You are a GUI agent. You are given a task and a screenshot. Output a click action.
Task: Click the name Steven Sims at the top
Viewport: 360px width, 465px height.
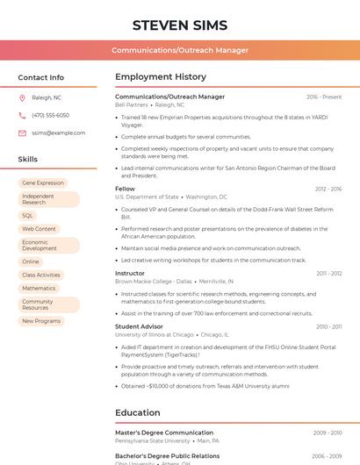coord(180,25)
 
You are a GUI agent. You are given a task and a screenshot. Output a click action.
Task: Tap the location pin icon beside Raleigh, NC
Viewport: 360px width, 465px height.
coord(22,97)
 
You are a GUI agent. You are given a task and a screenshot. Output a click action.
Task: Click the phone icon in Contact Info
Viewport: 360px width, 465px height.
coord(22,115)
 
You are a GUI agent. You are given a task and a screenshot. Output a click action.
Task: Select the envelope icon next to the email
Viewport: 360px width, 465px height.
coord(22,132)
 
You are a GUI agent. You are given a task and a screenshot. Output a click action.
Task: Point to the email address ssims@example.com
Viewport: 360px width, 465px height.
coord(59,132)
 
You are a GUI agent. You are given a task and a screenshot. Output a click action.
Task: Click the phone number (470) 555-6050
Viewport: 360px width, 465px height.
coord(50,115)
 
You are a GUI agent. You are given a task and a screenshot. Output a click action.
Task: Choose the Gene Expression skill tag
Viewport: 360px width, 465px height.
coord(43,182)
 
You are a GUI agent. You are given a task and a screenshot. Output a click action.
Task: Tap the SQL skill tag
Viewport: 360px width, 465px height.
coord(28,215)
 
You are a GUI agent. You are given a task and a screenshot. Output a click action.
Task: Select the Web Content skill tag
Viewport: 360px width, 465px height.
coord(39,229)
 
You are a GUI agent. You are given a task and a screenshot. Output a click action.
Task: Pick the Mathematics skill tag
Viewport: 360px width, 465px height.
coord(39,288)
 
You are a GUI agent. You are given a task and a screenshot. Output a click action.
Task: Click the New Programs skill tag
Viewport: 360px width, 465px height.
coord(41,321)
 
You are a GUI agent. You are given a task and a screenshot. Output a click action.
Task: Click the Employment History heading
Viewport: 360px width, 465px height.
coord(161,77)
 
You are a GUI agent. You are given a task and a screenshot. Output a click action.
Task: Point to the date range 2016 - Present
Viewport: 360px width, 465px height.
coord(324,97)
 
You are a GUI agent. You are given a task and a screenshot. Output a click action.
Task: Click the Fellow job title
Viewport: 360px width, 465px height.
coord(125,189)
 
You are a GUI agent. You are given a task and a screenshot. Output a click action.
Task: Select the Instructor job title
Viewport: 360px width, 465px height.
coord(130,273)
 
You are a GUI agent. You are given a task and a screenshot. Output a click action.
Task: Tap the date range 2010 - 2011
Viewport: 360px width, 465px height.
coord(329,326)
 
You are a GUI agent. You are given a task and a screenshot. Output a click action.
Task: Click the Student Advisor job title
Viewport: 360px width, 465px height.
coord(139,326)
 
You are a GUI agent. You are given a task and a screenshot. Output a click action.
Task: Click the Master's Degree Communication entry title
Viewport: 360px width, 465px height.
coord(164,433)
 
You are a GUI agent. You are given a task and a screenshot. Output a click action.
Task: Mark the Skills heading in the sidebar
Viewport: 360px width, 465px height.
coord(28,160)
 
